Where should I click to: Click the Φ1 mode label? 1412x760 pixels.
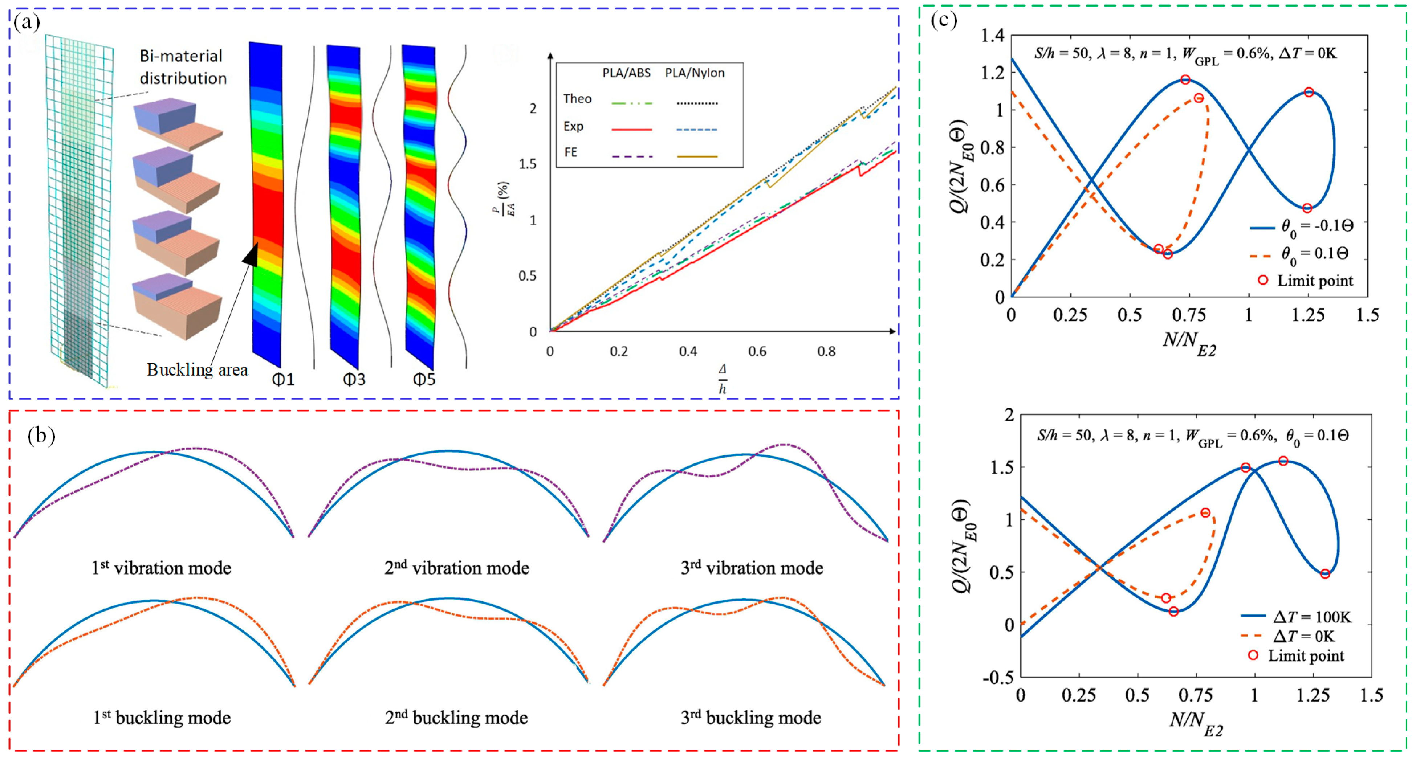coord(283,379)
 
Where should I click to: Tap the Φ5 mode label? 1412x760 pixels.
coord(424,379)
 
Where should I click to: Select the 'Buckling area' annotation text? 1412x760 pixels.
coord(197,370)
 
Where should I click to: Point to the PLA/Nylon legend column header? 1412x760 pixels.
coord(695,73)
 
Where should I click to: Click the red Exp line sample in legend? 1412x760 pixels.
coord(631,129)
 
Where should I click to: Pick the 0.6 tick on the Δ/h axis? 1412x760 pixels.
coord(757,352)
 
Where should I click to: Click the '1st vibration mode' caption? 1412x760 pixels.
coord(161,568)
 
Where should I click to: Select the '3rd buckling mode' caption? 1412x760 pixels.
coord(750,718)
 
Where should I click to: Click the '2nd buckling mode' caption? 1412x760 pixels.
coord(456,718)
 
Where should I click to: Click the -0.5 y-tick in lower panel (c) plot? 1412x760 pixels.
coord(999,678)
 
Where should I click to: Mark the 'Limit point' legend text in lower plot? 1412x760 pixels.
coord(1306,656)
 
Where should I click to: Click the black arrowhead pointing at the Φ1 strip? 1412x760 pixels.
coord(251,256)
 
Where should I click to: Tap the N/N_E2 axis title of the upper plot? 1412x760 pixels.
coord(1189,343)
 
